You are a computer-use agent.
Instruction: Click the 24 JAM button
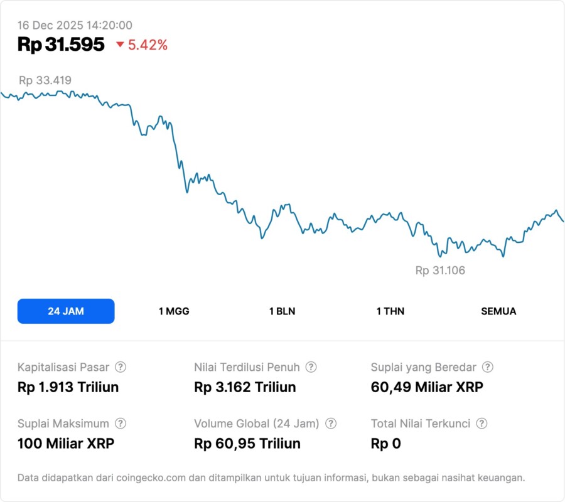pos(66,311)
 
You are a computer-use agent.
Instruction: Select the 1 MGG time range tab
pos(174,311)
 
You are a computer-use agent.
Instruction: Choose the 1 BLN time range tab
pos(282,311)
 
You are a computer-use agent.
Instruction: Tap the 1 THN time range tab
pos(390,311)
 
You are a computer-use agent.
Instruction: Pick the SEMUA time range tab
pos(498,311)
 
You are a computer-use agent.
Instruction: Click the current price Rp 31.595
pos(61,45)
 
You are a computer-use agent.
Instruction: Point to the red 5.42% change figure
pos(148,45)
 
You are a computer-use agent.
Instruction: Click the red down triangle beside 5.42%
pos(120,45)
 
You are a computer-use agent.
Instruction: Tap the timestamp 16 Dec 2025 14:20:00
pos(75,25)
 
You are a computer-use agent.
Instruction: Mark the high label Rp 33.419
pos(45,80)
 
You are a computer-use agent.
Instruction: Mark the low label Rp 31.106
pos(440,270)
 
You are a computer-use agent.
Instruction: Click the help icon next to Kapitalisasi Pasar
pos(121,367)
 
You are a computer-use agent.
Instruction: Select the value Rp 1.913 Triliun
pos(68,387)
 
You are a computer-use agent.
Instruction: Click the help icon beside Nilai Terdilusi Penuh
pos(311,367)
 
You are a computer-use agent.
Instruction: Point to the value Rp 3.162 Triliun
pos(245,387)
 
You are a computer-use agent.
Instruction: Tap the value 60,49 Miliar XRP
pos(427,387)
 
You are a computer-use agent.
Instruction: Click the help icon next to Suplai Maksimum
pos(121,424)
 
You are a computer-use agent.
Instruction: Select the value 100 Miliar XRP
pos(66,444)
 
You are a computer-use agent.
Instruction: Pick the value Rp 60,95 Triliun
pos(247,444)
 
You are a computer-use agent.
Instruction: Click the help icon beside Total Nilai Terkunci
pos(482,424)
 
